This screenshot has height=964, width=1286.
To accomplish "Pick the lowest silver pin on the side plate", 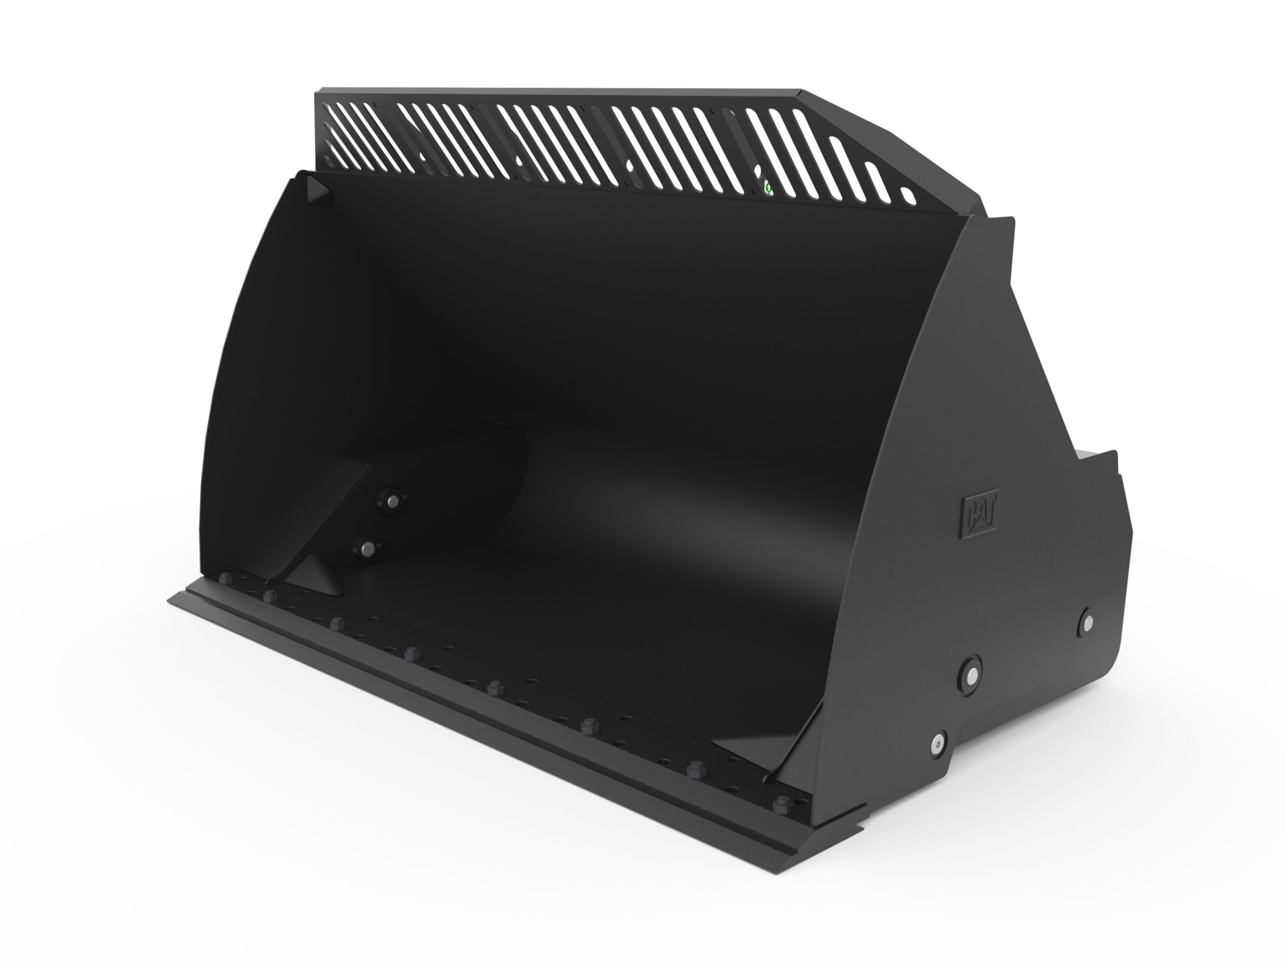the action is [x=937, y=742].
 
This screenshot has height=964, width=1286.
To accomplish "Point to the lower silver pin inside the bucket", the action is [x=366, y=548].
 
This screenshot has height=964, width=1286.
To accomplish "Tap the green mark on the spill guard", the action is [x=767, y=188].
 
